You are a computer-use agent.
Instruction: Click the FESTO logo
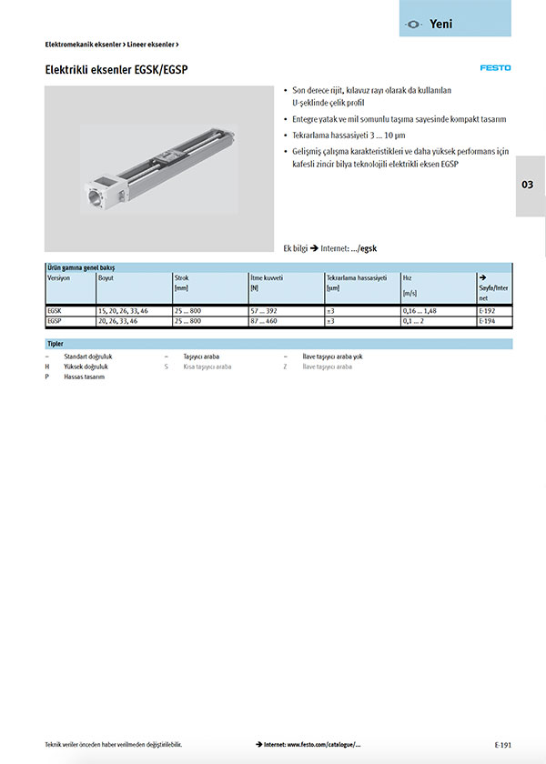(496, 67)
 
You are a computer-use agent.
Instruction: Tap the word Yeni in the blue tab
(440, 24)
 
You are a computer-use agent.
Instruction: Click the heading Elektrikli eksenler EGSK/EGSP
(117, 69)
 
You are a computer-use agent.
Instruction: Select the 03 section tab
(528, 185)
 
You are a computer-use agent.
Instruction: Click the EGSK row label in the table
(54, 310)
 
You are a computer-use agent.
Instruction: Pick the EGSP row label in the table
(54, 321)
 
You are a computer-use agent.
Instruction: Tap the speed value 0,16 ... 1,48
(420, 310)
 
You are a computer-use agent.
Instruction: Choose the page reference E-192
(488, 310)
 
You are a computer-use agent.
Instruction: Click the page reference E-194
(488, 321)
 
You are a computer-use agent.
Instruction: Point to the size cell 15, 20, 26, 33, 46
(122, 310)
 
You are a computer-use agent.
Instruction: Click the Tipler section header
(56, 344)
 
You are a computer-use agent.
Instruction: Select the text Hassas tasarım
(84, 377)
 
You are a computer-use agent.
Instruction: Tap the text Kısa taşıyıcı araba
(207, 367)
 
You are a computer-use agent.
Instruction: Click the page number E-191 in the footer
(503, 744)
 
